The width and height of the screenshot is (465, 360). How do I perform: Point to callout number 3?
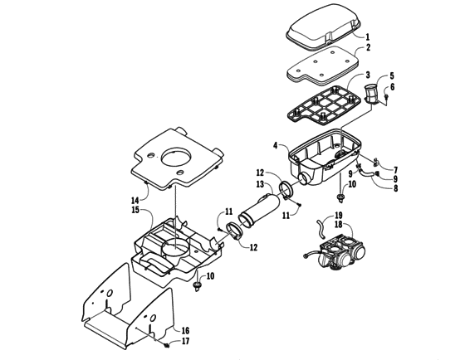(x=366, y=75)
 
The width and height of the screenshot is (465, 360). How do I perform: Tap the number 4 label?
(x=274, y=147)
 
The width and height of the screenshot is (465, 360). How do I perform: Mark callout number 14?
(x=135, y=200)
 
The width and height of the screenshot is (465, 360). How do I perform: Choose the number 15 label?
(x=135, y=210)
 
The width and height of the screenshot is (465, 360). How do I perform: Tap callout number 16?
(x=185, y=330)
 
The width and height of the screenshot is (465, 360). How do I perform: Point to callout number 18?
(x=315, y=224)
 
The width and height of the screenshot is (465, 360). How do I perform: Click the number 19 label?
(x=315, y=215)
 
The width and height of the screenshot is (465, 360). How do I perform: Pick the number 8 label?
(x=394, y=189)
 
